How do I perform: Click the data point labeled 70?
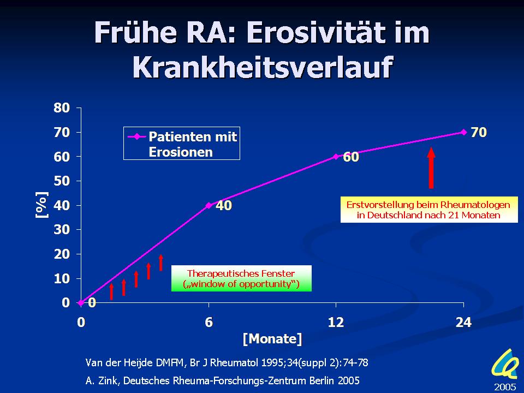point(463,132)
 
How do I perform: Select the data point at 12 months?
point(336,157)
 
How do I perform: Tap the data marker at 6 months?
point(209,205)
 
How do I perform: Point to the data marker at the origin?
point(81,303)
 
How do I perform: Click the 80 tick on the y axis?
point(62,108)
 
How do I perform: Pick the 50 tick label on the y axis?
point(62,181)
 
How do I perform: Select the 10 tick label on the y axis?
point(62,279)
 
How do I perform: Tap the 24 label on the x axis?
point(463,322)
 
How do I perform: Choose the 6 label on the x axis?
point(209,322)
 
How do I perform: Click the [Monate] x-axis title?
point(272,339)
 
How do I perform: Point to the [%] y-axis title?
point(42,205)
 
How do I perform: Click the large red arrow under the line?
point(431,168)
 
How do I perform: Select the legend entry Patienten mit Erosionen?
point(182,144)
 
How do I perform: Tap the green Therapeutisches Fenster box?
point(241,278)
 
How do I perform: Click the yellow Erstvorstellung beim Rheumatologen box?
point(429,210)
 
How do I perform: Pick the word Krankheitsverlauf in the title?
point(263,67)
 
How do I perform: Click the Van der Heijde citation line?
point(227,362)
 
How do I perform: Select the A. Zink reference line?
point(223,380)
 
